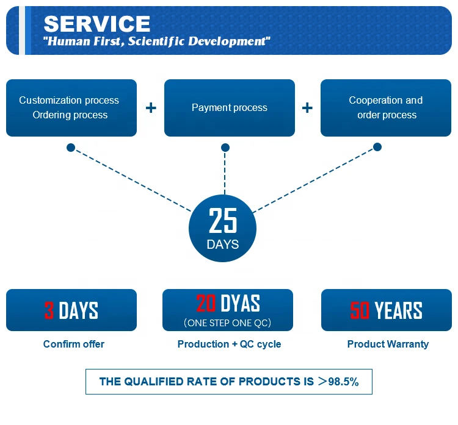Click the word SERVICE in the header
tap(96, 24)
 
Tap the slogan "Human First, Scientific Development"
tap(156, 41)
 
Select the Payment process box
tap(229, 108)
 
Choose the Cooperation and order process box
tap(386, 108)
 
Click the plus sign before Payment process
tap(151, 108)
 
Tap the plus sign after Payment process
tap(307, 108)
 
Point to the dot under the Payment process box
tap(225, 148)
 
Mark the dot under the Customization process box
tap(71, 148)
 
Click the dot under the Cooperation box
tap(377, 147)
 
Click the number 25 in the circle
tap(223, 221)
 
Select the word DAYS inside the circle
tap(223, 245)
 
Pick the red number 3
tap(49, 310)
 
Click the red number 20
tap(206, 303)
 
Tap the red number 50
tap(360, 310)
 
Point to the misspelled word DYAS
tap(240, 303)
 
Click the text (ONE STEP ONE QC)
tap(227, 323)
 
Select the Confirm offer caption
tap(74, 344)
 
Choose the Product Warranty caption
tap(388, 344)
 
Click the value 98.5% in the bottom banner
tap(344, 382)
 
